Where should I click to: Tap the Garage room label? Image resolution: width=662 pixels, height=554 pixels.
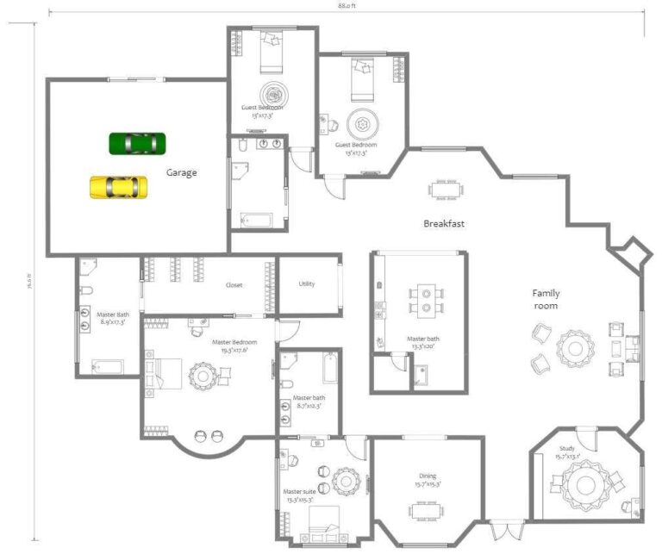tap(182, 172)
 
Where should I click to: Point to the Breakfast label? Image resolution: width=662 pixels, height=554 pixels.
tap(444, 224)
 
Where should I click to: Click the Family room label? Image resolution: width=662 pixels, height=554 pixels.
tap(545, 300)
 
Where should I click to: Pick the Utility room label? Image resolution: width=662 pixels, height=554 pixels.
tap(307, 284)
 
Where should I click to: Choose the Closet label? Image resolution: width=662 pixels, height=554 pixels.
tap(234, 285)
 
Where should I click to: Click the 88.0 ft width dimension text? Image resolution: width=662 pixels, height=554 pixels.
tap(346, 5)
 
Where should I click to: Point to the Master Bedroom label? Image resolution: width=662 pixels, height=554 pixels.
tap(229, 345)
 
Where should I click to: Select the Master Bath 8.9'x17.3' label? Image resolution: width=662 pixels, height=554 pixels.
tap(111, 318)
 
